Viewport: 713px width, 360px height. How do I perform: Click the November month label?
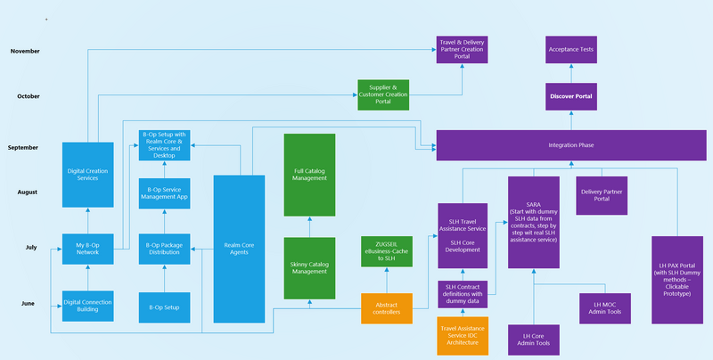click(25, 52)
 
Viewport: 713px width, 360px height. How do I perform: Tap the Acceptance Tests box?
click(570, 51)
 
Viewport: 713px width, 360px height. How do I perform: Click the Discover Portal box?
click(570, 95)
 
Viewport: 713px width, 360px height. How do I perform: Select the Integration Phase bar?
click(570, 145)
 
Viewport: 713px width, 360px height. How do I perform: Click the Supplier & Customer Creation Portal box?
click(383, 95)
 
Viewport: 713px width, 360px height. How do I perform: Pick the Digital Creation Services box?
click(88, 168)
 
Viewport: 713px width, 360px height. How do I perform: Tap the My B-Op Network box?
click(88, 250)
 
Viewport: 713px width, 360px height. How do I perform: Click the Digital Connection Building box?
click(88, 306)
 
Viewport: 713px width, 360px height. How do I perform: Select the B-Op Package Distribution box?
click(165, 250)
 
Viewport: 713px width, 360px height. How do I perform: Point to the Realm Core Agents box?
click(239, 249)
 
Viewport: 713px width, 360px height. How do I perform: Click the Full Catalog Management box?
click(309, 175)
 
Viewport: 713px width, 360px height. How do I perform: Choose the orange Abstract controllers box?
click(387, 308)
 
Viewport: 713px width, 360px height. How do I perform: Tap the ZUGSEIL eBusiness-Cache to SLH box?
click(387, 252)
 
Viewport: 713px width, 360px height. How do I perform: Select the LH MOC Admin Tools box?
click(605, 307)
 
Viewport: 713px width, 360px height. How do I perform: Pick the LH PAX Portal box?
click(677, 279)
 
